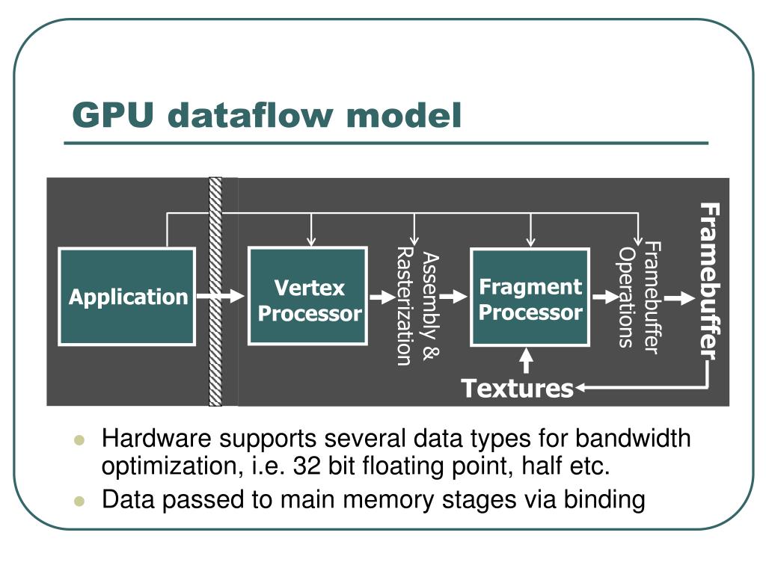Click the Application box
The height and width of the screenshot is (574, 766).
pyautogui.click(x=127, y=297)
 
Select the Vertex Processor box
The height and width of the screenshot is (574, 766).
pyautogui.click(x=307, y=297)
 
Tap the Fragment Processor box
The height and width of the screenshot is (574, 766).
pyautogui.click(x=530, y=297)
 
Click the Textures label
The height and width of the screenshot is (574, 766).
pyautogui.click(x=517, y=389)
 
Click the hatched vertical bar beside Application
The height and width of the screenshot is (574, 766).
pyautogui.click(x=215, y=291)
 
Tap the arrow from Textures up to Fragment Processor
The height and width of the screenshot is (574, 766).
pyautogui.click(x=527, y=361)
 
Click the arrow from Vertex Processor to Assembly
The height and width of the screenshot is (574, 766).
pyautogui.click(x=382, y=297)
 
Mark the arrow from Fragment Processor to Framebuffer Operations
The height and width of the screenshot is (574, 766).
pyautogui.click(x=602, y=297)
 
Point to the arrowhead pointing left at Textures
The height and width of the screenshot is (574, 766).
pyautogui.click(x=582, y=388)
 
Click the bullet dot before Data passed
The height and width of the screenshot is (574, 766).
pyautogui.click(x=82, y=501)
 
